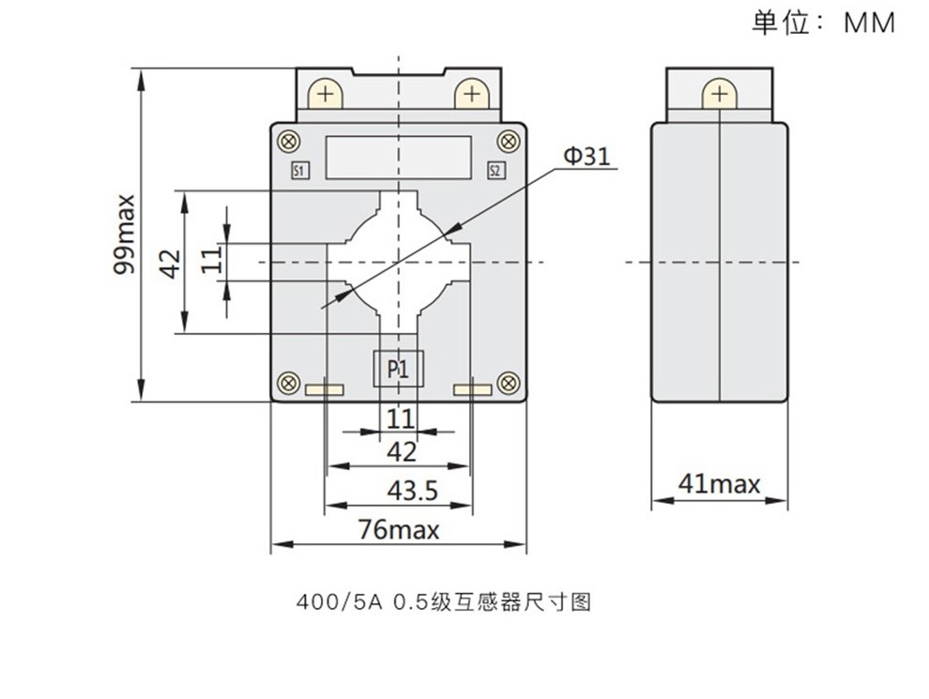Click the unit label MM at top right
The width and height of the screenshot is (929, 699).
coord(869,23)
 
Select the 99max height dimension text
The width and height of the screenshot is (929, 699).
coord(123,235)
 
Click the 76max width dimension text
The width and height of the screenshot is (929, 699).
coord(399,529)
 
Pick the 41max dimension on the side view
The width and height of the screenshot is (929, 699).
coord(719,484)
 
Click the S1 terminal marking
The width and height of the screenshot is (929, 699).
coord(300,171)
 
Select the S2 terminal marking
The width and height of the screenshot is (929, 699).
coord(496,171)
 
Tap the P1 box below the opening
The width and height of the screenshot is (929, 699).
coord(399,370)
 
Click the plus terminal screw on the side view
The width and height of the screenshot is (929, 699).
coord(720,95)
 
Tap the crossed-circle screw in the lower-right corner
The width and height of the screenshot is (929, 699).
coord(508,383)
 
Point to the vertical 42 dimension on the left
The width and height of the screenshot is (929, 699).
coord(169,263)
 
